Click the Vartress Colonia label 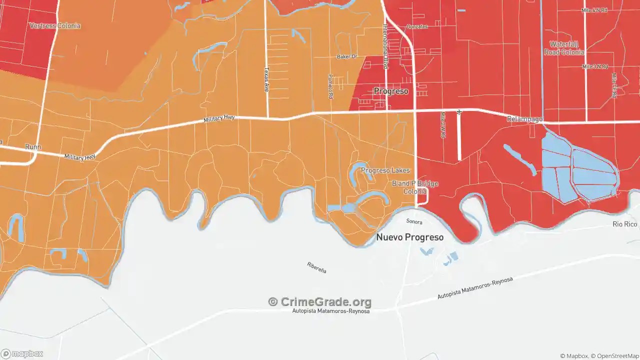pos(55,25)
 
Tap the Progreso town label pos(391,91)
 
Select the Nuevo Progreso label pos(409,237)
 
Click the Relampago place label pos(524,119)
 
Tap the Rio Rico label pos(624,224)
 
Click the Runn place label pos(33,147)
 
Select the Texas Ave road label pos(266,79)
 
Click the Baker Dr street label pos(347,56)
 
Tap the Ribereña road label pos(316,267)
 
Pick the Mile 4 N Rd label pos(594,10)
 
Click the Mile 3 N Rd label pos(594,66)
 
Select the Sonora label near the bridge pos(414,221)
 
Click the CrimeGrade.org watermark pos(320,302)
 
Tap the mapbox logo pos(22,353)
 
